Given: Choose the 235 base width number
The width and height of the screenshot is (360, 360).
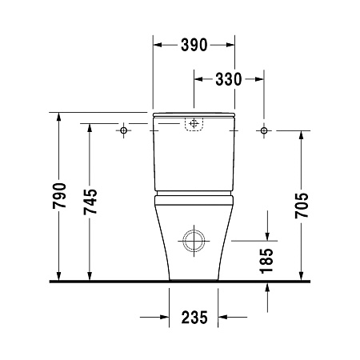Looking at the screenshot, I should [x=194, y=317].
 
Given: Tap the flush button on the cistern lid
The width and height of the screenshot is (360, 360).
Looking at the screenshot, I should [x=193, y=124].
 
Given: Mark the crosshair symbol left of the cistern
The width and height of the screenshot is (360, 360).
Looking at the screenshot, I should [x=124, y=130].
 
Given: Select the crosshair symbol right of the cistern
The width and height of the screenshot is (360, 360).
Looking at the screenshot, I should [x=263, y=130].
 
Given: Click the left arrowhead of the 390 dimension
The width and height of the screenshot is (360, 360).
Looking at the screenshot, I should [x=156, y=45].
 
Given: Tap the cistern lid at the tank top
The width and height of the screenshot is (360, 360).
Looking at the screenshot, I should [x=193, y=114].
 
